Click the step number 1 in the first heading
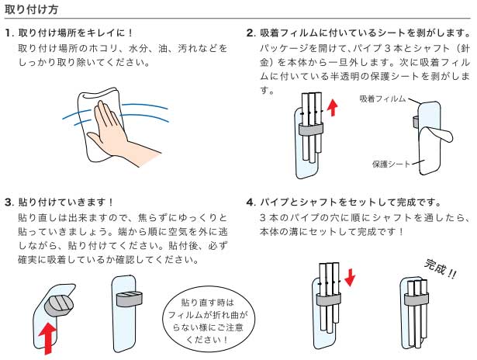(8, 34)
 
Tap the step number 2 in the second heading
(251, 34)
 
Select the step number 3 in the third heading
(8, 202)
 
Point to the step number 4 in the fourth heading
(251, 202)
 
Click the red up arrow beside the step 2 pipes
(333, 105)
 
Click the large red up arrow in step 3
(50, 333)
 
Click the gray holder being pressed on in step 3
(56, 303)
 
